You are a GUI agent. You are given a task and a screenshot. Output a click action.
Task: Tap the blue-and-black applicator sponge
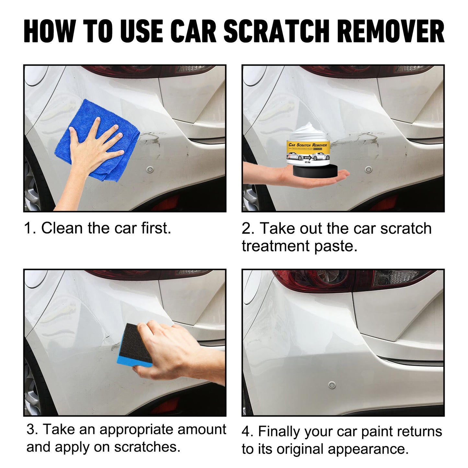135,345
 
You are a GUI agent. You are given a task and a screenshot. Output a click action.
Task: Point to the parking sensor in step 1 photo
150,169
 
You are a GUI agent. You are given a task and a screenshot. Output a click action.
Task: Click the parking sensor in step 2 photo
368,169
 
